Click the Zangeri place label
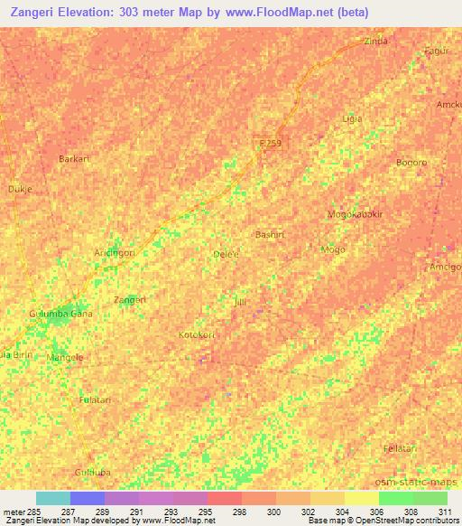click(129, 299)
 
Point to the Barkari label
click(74, 158)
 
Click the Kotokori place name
click(197, 334)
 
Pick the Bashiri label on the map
click(270, 233)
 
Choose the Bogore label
click(411, 163)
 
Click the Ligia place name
click(352, 118)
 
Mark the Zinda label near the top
click(375, 42)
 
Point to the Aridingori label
click(115, 253)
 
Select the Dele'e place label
click(225, 255)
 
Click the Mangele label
click(64, 357)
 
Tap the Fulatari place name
click(96, 399)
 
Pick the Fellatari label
click(398, 449)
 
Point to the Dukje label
click(20, 190)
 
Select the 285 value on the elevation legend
click(29, 511)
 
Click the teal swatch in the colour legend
click(53, 498)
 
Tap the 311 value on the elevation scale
click(445, 511)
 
